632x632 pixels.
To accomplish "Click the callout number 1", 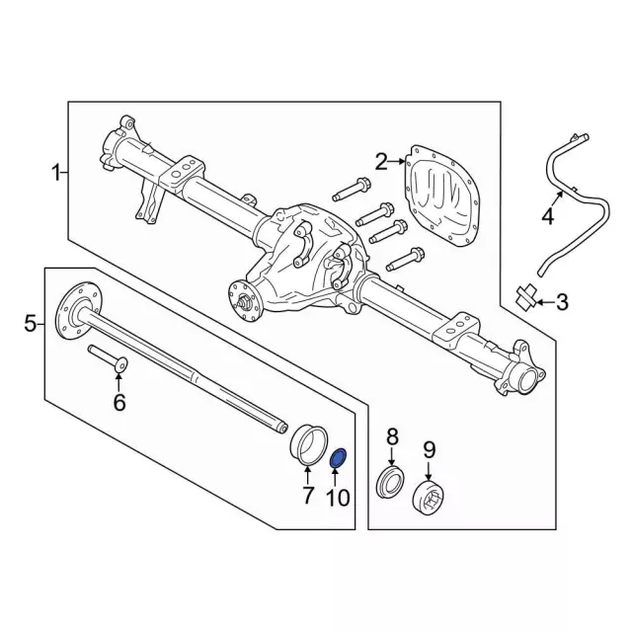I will pos(57,174).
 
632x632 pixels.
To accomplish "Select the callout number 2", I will pos(382,160).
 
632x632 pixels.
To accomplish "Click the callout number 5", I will pos(30,323).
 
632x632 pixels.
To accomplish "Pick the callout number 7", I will pos(307,494).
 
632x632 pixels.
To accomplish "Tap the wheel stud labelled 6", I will pos(106,359).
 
